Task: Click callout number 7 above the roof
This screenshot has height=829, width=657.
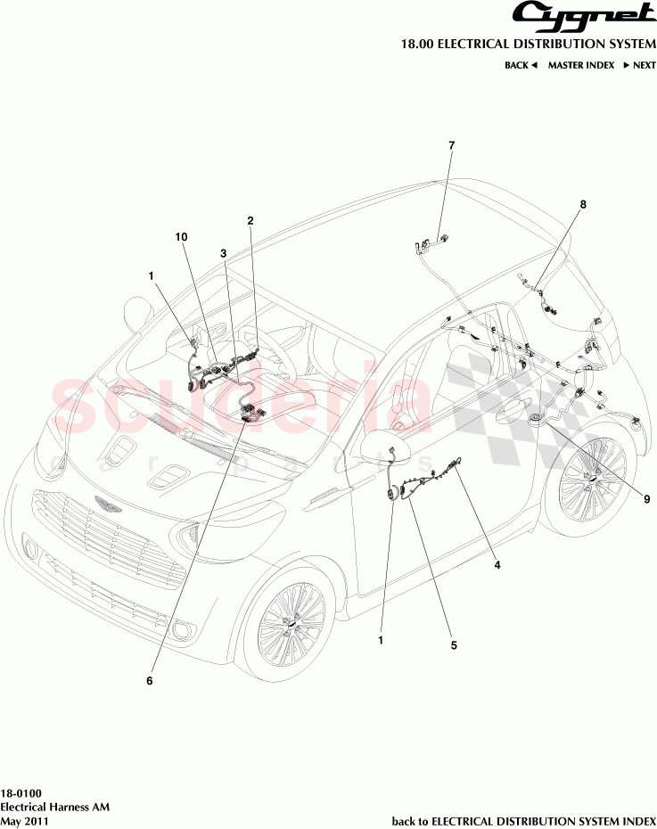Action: pos(451,144)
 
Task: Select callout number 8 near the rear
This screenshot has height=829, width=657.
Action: pos(583,204)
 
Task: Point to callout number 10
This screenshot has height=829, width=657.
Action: pos(181,237)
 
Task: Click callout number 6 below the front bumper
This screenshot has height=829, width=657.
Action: pos(150,681)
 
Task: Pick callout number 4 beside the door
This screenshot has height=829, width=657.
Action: pos(497,565)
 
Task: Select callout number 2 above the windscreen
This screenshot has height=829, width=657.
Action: pos(250,220)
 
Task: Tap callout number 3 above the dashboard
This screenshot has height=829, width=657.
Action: pos(224,253)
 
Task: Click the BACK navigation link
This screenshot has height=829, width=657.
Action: pos(521,65)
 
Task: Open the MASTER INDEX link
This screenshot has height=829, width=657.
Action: pos(580,65)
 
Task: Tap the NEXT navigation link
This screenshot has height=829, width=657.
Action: pos(639,65)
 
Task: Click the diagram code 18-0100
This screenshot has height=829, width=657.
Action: pos(20,792)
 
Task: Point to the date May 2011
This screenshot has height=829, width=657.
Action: pos(24,821)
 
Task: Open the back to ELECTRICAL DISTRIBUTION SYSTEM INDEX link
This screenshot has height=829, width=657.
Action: pos(524,821)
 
